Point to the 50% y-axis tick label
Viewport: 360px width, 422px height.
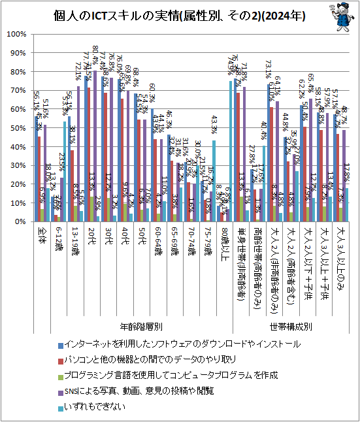(17, 128)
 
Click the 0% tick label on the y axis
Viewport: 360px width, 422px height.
(19, 222)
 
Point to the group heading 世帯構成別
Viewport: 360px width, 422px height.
(290, 325)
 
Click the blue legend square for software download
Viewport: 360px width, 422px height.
(61, 343)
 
